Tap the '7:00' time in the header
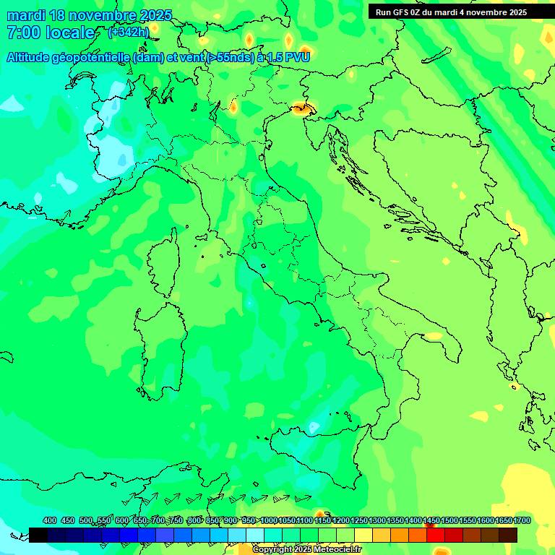(22, 33)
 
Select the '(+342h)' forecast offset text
(128, 32)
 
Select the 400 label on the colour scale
(49, 520)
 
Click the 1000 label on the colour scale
(268, 520)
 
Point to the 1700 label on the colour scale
(522, 520)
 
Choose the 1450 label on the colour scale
(432, 520)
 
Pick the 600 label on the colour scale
(122, 520)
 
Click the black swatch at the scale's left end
(38, 535)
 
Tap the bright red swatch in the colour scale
(436, 535)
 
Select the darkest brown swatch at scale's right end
(508, 535)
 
